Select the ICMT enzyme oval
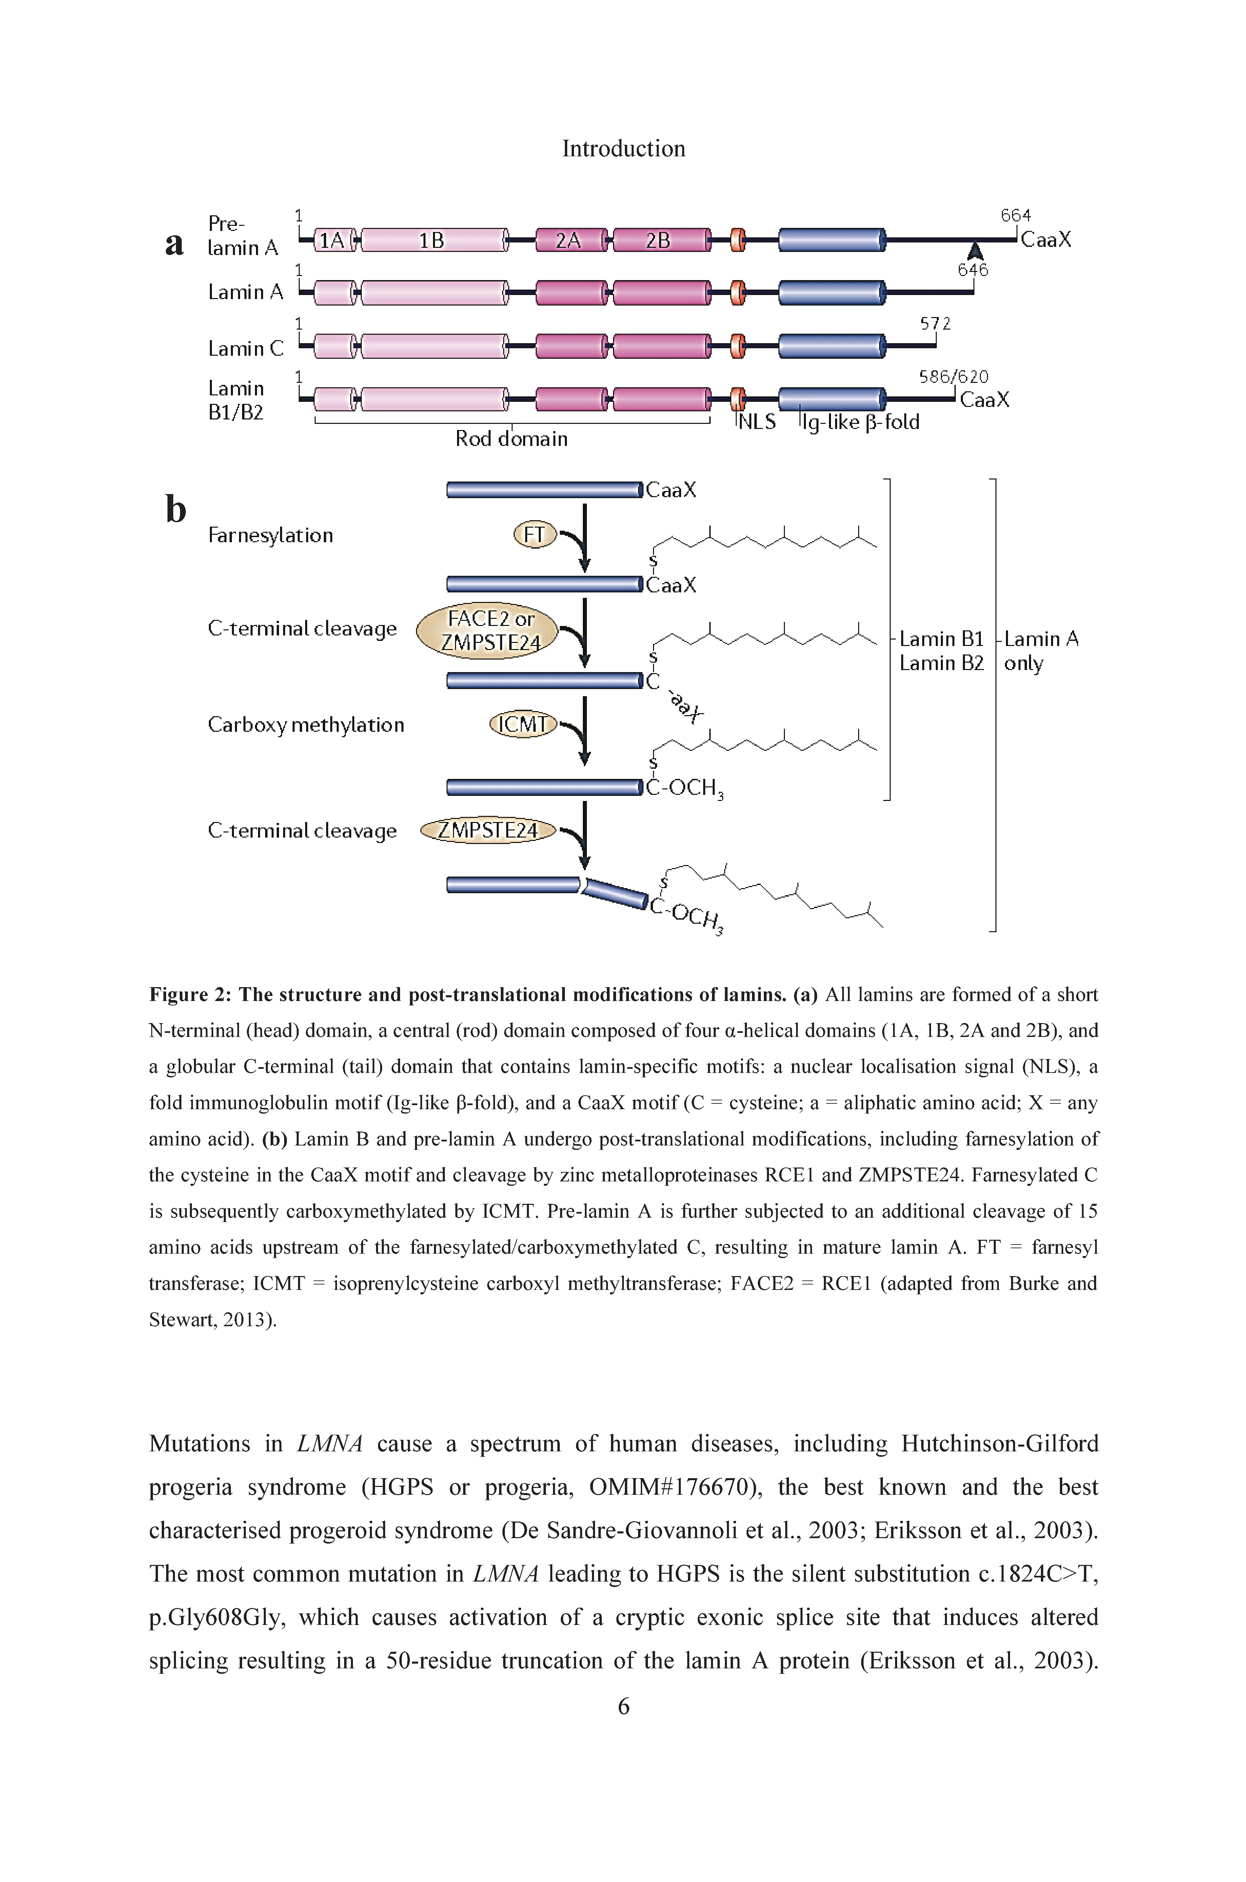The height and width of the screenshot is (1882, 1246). (523, 724)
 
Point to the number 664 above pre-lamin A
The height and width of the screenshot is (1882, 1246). (1015, 215)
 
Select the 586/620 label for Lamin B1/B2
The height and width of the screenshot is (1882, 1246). (953, 377)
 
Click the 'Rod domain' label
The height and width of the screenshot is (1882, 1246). (511, 439)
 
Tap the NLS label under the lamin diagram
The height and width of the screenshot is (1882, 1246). (757, 422)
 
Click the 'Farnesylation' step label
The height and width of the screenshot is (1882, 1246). (270, 536)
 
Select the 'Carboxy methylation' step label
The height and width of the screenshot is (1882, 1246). (306, 725)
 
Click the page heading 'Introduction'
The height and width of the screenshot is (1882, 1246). (624, 149)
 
